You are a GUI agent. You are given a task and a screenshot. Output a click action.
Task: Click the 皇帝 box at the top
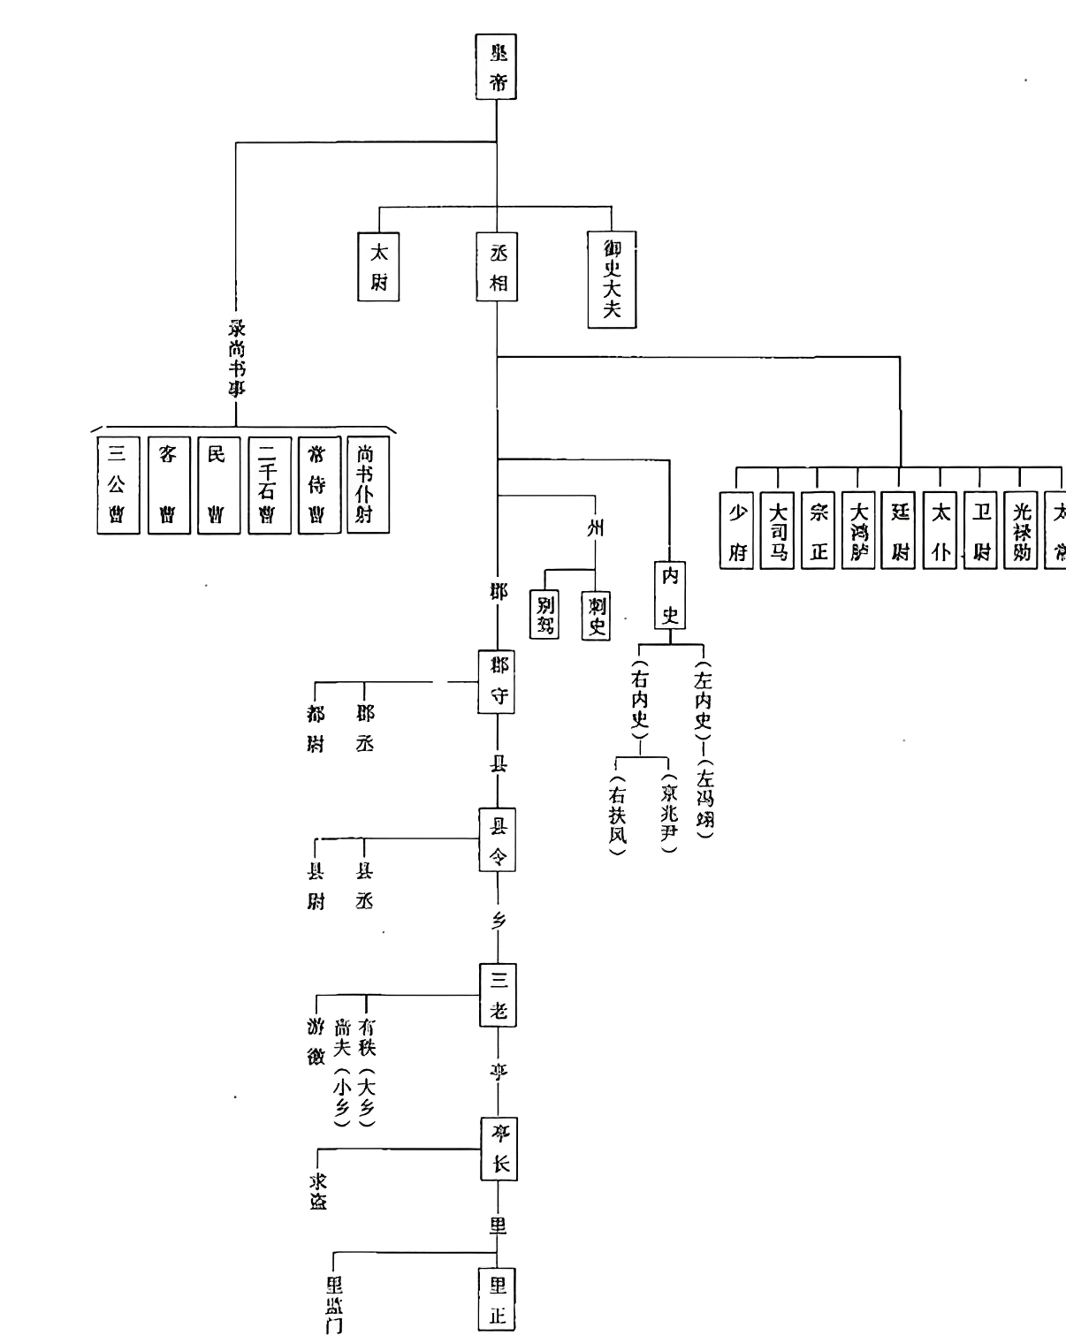point(496,67)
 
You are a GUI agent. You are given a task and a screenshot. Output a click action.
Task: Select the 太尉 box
point(378,266)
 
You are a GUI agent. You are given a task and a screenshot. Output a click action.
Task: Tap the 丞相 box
point(497,267)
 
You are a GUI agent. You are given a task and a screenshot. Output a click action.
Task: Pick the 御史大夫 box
point(612,279)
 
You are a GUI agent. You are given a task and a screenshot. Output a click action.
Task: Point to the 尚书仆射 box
point(367,485)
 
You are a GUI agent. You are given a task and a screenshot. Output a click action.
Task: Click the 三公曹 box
point(118,485)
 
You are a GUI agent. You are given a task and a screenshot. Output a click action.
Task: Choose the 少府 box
point(737,530)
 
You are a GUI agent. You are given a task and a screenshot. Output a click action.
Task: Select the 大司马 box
point(778,530)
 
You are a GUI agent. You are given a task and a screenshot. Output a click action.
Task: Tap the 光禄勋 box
point(1022,530)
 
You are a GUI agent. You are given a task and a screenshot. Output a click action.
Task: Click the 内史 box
point(670,594)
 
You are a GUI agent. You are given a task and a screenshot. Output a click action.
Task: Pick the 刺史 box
point(596,615)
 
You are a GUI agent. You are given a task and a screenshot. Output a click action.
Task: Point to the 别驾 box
point(544,615)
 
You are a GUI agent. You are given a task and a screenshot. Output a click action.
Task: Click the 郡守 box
point(497,681)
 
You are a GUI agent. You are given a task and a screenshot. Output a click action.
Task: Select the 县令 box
point(498,839)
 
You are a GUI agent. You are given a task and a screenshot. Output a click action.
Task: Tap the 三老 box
point(498,994)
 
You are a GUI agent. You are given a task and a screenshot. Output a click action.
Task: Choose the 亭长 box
point(499,1149)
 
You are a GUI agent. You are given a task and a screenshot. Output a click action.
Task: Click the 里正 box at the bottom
point(497,1299)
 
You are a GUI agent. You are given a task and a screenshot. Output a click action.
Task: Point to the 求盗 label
point(317,1190)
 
